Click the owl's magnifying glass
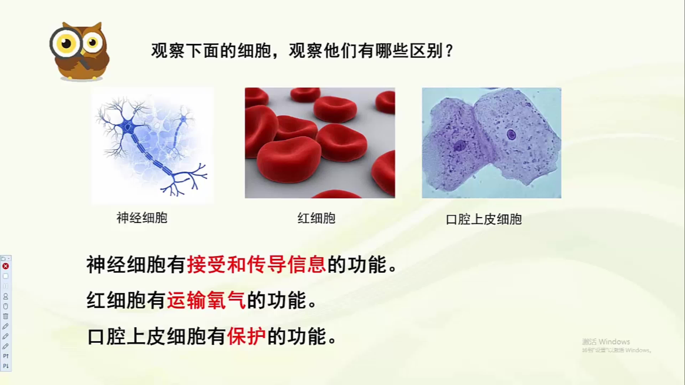pyautogui.click(x=66, y=43)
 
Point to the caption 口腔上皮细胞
pyautogui.click(x=484, y=220)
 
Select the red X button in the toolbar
pyautogui.click(x=6, y=266)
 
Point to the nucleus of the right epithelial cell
pyautogui.click(x=511, y=134)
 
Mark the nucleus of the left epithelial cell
pyautogui.click(x=460, y=146)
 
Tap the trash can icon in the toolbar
pyautogui.click(x=6, y=316)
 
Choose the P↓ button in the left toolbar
pyautogui.click(x=6, y=366)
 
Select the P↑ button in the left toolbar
pyautogui.click(x=6, y=356)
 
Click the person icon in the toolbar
pyautogui.click(x=6, y=296)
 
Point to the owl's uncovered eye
pyautogui.click(x=92, y=43)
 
